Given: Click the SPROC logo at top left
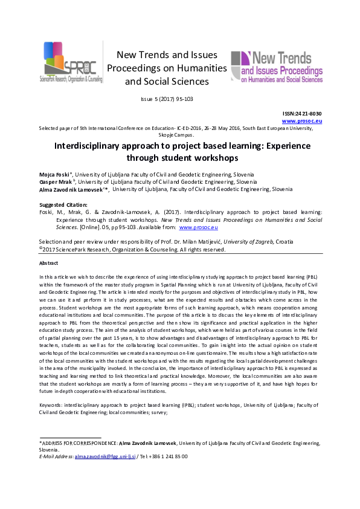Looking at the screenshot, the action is (70, 63).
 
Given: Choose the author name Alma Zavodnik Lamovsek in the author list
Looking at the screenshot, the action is (71, 189).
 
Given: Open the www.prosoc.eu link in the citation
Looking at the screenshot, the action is (198, 228).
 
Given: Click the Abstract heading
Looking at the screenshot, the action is (49, 264).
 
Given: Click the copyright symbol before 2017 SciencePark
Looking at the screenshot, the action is (40, 247).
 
